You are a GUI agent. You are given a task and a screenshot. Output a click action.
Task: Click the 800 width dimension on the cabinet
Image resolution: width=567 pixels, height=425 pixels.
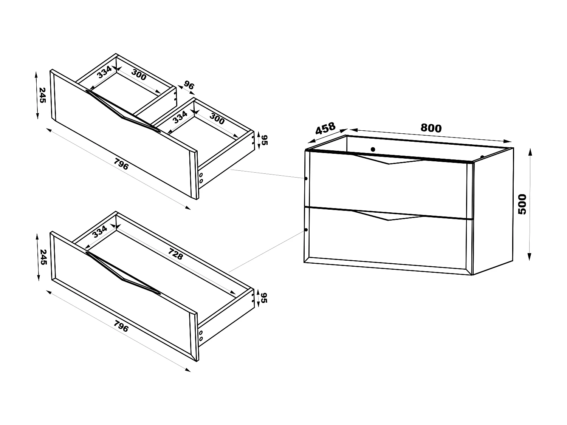[x=431, y=128]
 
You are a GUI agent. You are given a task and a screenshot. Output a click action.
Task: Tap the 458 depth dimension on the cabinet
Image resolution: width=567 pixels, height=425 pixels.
[x=325, y=128]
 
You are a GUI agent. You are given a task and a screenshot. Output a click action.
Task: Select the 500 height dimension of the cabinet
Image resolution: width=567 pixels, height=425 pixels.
[x=522, y=204]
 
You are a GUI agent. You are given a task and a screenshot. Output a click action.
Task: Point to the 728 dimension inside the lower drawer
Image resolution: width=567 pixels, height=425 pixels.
[x=175, y=254]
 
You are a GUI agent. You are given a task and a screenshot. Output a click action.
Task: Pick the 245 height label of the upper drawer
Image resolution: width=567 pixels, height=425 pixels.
[x=42, y=95]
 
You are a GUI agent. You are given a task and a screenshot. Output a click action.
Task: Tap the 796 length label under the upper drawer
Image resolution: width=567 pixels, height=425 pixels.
[x=121, y=165]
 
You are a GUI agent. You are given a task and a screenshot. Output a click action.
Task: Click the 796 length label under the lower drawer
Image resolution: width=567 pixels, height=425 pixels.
[x=121, y=326]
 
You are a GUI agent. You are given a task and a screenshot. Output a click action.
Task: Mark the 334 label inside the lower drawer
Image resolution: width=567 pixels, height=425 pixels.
[x=100, y=231]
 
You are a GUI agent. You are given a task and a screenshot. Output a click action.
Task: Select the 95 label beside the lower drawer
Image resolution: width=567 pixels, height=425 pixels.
[x=264, y=298]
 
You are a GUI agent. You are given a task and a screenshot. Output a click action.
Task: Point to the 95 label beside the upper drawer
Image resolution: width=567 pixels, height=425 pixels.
[x=264, y=140]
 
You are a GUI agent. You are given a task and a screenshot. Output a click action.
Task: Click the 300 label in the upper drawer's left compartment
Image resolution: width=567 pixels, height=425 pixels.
[x=139, y=76]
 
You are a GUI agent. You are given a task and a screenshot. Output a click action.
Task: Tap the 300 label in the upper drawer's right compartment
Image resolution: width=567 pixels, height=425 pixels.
[x=217, y=119]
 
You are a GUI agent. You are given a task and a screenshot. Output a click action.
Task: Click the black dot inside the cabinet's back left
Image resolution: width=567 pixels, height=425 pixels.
[x=373, y=149]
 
